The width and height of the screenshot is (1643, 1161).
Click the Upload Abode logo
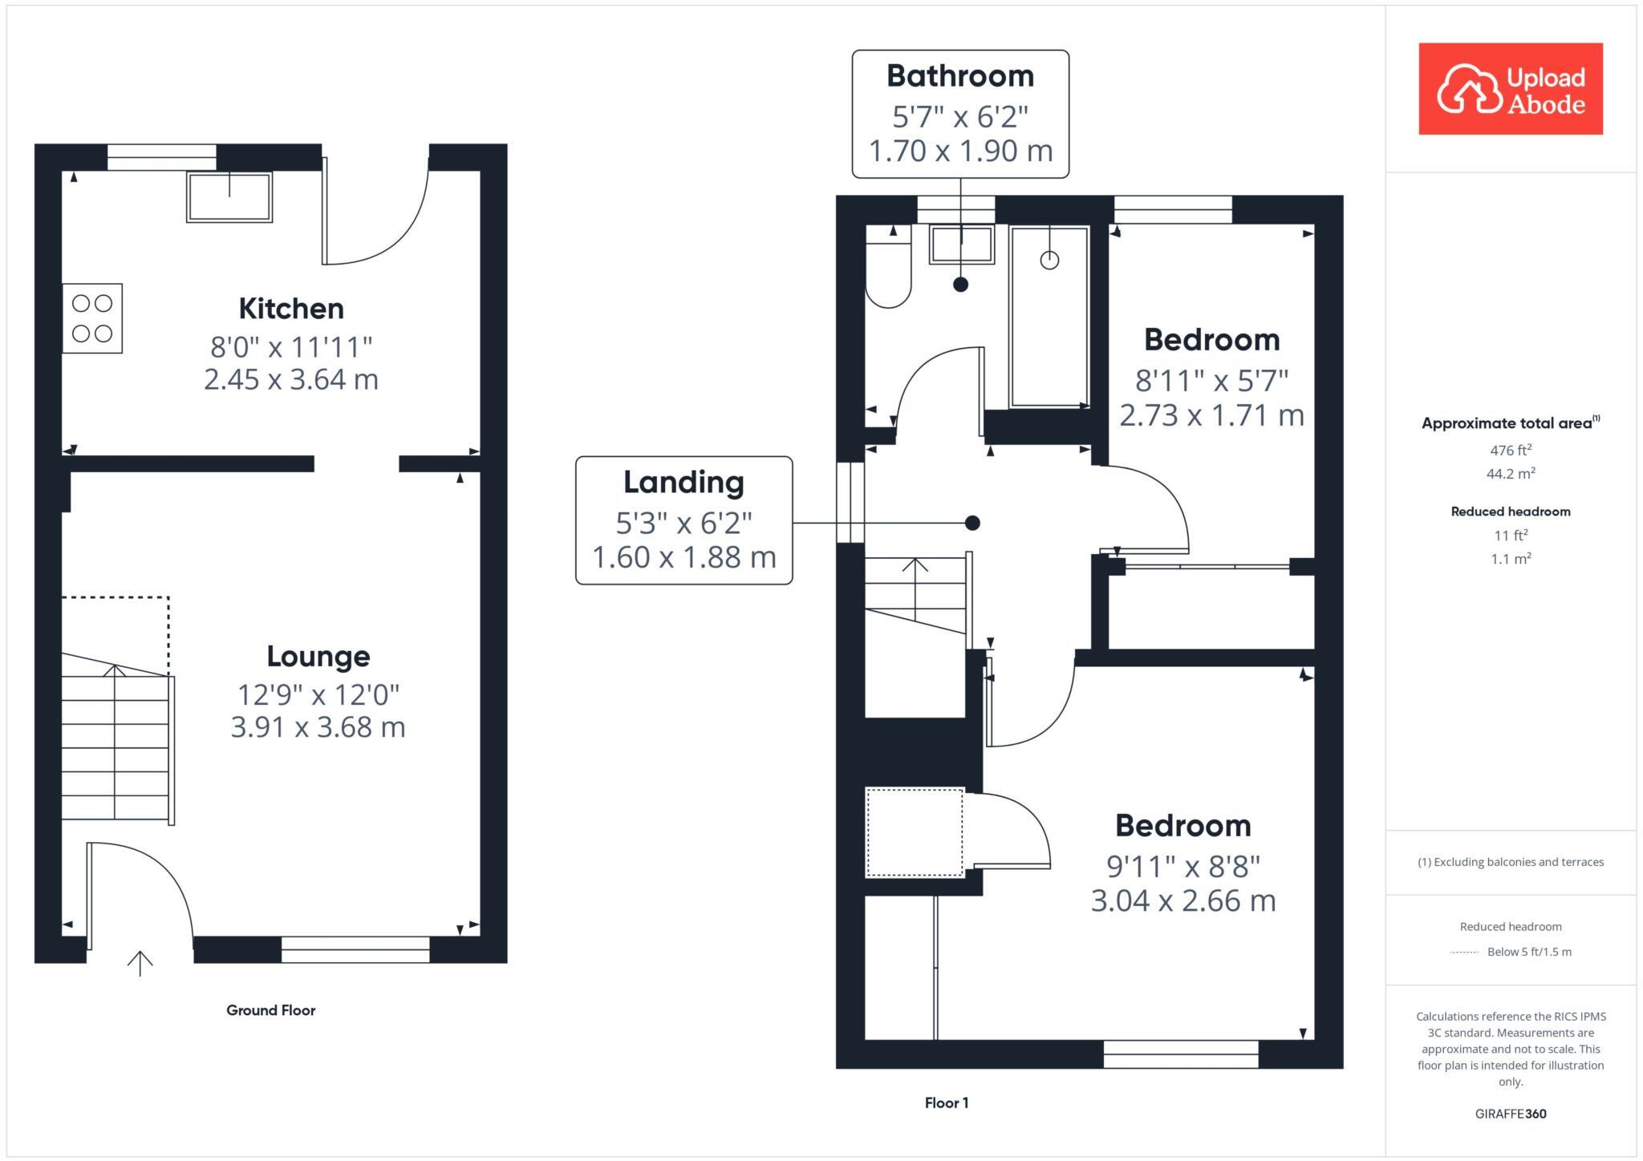(1510, 89)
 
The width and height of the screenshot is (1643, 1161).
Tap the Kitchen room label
(291, 309)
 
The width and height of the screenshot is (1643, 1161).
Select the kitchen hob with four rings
(92, 318)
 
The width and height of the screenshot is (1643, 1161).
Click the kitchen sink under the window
(229, 197)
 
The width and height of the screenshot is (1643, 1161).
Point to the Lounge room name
(318, 657)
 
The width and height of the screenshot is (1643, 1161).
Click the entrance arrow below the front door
(140, 962)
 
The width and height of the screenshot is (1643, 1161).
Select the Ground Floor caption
(270, 1010)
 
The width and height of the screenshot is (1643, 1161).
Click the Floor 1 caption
(946, 1103)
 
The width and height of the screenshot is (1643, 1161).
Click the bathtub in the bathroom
(1049, 317)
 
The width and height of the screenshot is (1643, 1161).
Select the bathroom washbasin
(961, 245)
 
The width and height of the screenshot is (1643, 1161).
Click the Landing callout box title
(684, 483)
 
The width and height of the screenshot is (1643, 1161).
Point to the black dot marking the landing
(972, 524)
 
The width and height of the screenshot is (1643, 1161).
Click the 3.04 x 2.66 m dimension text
(1183, 900)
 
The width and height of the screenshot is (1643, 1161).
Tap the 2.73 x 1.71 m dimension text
(1211, 415)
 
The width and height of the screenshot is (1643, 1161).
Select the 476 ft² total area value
(1510, 451)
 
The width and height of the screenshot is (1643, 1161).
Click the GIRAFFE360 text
(1510, 1114)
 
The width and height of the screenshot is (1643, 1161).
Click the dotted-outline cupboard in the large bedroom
(915, 832)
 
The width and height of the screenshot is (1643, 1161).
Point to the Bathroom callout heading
(959, 76)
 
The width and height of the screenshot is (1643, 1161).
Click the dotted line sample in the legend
(1464, 953)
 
